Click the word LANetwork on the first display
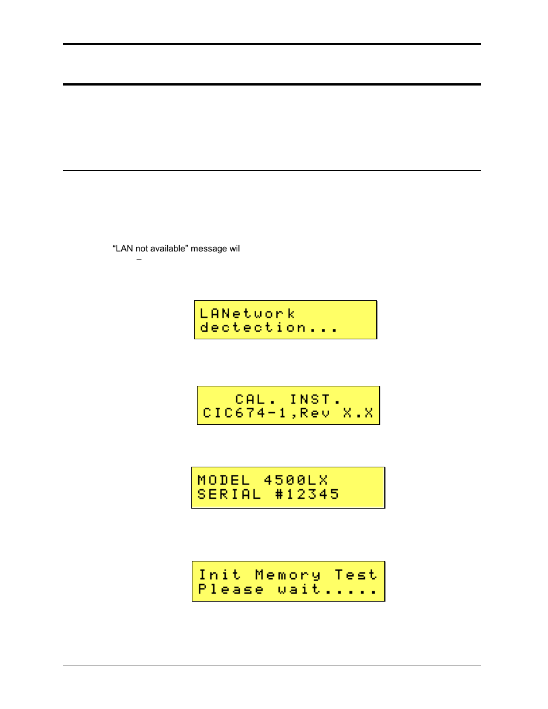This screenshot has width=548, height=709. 247,313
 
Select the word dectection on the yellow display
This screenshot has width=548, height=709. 253,327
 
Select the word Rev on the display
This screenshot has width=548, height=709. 315,413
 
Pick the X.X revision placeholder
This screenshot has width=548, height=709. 358,413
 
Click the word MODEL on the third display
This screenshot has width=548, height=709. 223,480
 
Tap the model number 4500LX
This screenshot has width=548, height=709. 295,480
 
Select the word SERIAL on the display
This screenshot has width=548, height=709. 229,494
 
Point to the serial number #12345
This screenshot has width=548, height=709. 307,494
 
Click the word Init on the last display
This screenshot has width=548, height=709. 219,575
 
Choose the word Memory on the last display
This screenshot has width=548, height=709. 288,575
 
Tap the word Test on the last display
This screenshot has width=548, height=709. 356,575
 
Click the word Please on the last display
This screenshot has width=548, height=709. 230,590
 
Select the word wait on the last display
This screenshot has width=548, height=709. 299,590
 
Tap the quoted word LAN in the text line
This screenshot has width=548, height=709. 124,249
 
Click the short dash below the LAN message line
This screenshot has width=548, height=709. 139,259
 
